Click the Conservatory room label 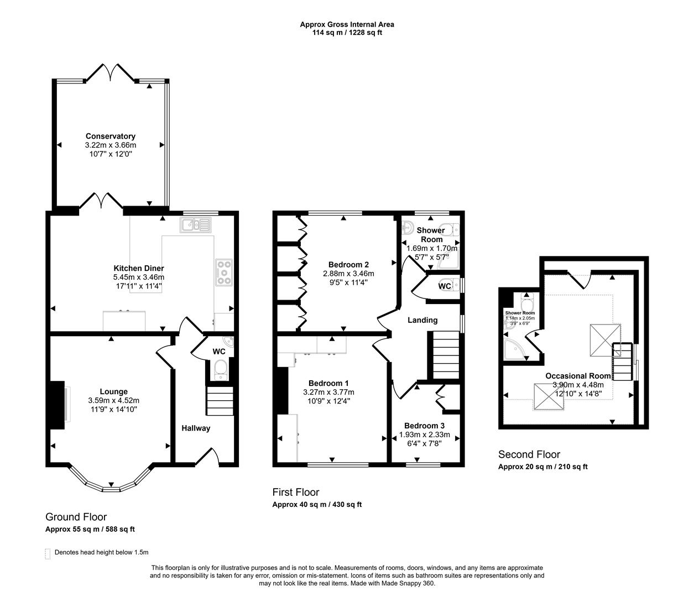click(110, 136)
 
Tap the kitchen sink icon click(195, 224)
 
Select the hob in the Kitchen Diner click(223, 273)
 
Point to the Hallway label click(196, 428)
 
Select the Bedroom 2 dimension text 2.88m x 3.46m click(348, 273)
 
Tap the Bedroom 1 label click(328, 383)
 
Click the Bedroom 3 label click(424, 426)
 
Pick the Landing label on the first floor click(422, 320)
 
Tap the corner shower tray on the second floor click(514, 349)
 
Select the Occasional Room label click(578, 376)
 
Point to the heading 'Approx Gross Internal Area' click(347, 24)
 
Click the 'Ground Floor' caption click(76, 517)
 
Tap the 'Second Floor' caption click(529, 454)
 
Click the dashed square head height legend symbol click(47, 552)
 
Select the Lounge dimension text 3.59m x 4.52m click(113, 401)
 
